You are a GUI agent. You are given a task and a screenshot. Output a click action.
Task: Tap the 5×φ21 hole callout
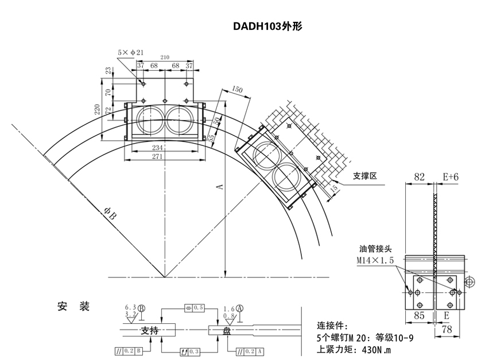pyautogui.click(x=130, y=52)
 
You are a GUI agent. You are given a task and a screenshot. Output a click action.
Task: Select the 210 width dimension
pyautogui.click(x=165, y=57)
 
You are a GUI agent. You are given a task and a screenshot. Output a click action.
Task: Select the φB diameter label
pyautogui.click(x=110, y=215)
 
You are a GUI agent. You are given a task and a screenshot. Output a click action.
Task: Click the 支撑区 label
pyautogui.click(x=364, y=176)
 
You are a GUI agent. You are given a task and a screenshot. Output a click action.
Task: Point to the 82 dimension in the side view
pyautogui.click(x=420, y=178)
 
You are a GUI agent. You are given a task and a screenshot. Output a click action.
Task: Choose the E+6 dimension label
pyautogui.click(x=451, y=178)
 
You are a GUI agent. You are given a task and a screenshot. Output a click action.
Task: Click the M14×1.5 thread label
pyautogui.click(x=375, y=260)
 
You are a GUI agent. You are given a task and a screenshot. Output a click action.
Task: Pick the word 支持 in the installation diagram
pyautogui.click(x=150, y=331)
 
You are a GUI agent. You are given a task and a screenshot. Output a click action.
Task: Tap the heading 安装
pyautogui.click(x=74, y=306)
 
